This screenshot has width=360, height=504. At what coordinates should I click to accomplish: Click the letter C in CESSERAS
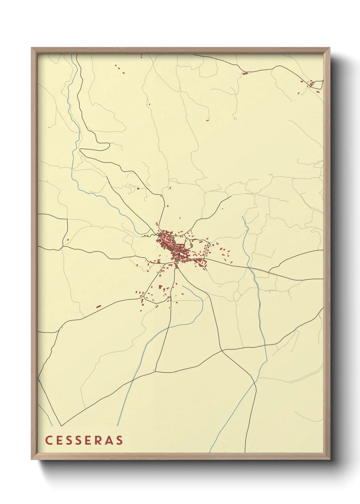[x=48, y=440]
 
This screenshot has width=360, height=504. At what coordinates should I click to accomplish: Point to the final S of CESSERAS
[x=119, y=440]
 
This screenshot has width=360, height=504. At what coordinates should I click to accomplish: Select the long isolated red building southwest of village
[x=99, y=306]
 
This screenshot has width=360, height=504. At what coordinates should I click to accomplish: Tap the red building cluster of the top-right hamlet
[x=311, y=84]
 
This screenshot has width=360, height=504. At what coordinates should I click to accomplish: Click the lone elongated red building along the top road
[x=245, y=73]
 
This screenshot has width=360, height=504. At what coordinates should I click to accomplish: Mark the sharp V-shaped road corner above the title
[x=61, y=425]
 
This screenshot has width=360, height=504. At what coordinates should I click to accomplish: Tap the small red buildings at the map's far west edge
[x=67, y=240]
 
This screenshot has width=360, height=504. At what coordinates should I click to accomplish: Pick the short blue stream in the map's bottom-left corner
[x=45, y=414]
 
